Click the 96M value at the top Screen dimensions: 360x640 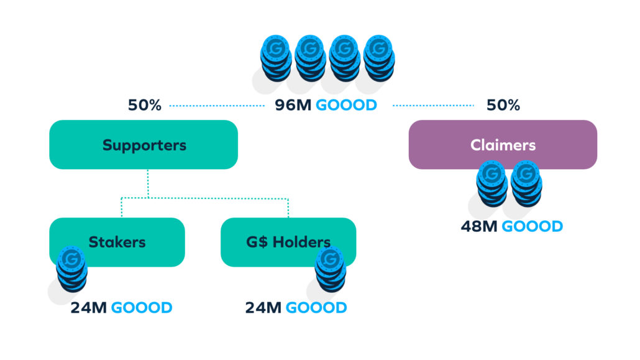293,105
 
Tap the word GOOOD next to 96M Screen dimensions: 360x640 346,105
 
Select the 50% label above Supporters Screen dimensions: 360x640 144,105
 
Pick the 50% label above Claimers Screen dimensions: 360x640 503,105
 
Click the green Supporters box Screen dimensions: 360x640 144,145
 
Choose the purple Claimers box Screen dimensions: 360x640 503,144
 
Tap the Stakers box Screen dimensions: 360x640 117,241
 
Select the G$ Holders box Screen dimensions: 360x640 288,241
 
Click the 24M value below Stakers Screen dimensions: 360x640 88,308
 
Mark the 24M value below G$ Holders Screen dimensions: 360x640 263,308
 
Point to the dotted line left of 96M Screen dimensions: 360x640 217,106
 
